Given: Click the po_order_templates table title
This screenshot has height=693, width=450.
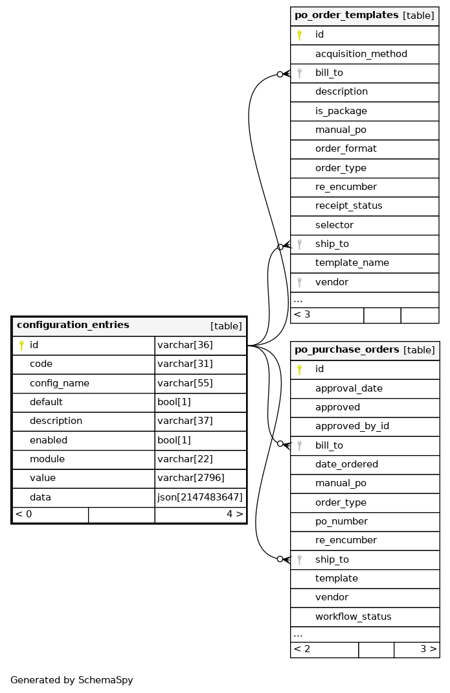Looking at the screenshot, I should (x=346, y=16).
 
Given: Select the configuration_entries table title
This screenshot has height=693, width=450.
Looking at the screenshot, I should (x=73, y=325).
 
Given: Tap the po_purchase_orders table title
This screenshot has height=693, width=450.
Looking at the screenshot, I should (x=346, y=350).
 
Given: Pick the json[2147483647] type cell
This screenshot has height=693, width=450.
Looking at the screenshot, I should (x=200, y=497).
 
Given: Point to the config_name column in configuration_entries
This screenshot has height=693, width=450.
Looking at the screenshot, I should (x=60, y=383).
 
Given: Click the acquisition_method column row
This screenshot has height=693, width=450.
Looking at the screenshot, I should (x=361, y=54).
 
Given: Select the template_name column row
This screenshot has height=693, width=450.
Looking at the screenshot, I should (x=352, y=263).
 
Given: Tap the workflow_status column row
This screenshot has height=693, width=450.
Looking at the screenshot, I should (x=353, y=617).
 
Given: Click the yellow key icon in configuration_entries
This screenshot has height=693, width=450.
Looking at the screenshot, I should (x=21, y=346).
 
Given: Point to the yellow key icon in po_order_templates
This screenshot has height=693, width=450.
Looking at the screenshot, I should (x=299, y=35).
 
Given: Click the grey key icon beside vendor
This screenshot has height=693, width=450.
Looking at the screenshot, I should (x=299, y=283).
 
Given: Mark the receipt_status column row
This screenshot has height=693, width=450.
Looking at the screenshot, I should (x=348, y=206).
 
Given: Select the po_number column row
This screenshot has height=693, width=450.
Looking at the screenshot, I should (x=341, y=522).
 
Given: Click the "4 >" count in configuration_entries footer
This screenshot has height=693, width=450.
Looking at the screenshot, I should (x=234, y=515).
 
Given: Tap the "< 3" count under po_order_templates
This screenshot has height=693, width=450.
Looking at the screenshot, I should (x=302, y=315).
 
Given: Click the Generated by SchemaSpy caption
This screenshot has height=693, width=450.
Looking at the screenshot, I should (x=72, y=680).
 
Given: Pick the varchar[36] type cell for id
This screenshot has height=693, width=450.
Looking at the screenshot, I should (x=185, y=346).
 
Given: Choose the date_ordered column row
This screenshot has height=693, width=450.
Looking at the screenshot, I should (x=346, y=465).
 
